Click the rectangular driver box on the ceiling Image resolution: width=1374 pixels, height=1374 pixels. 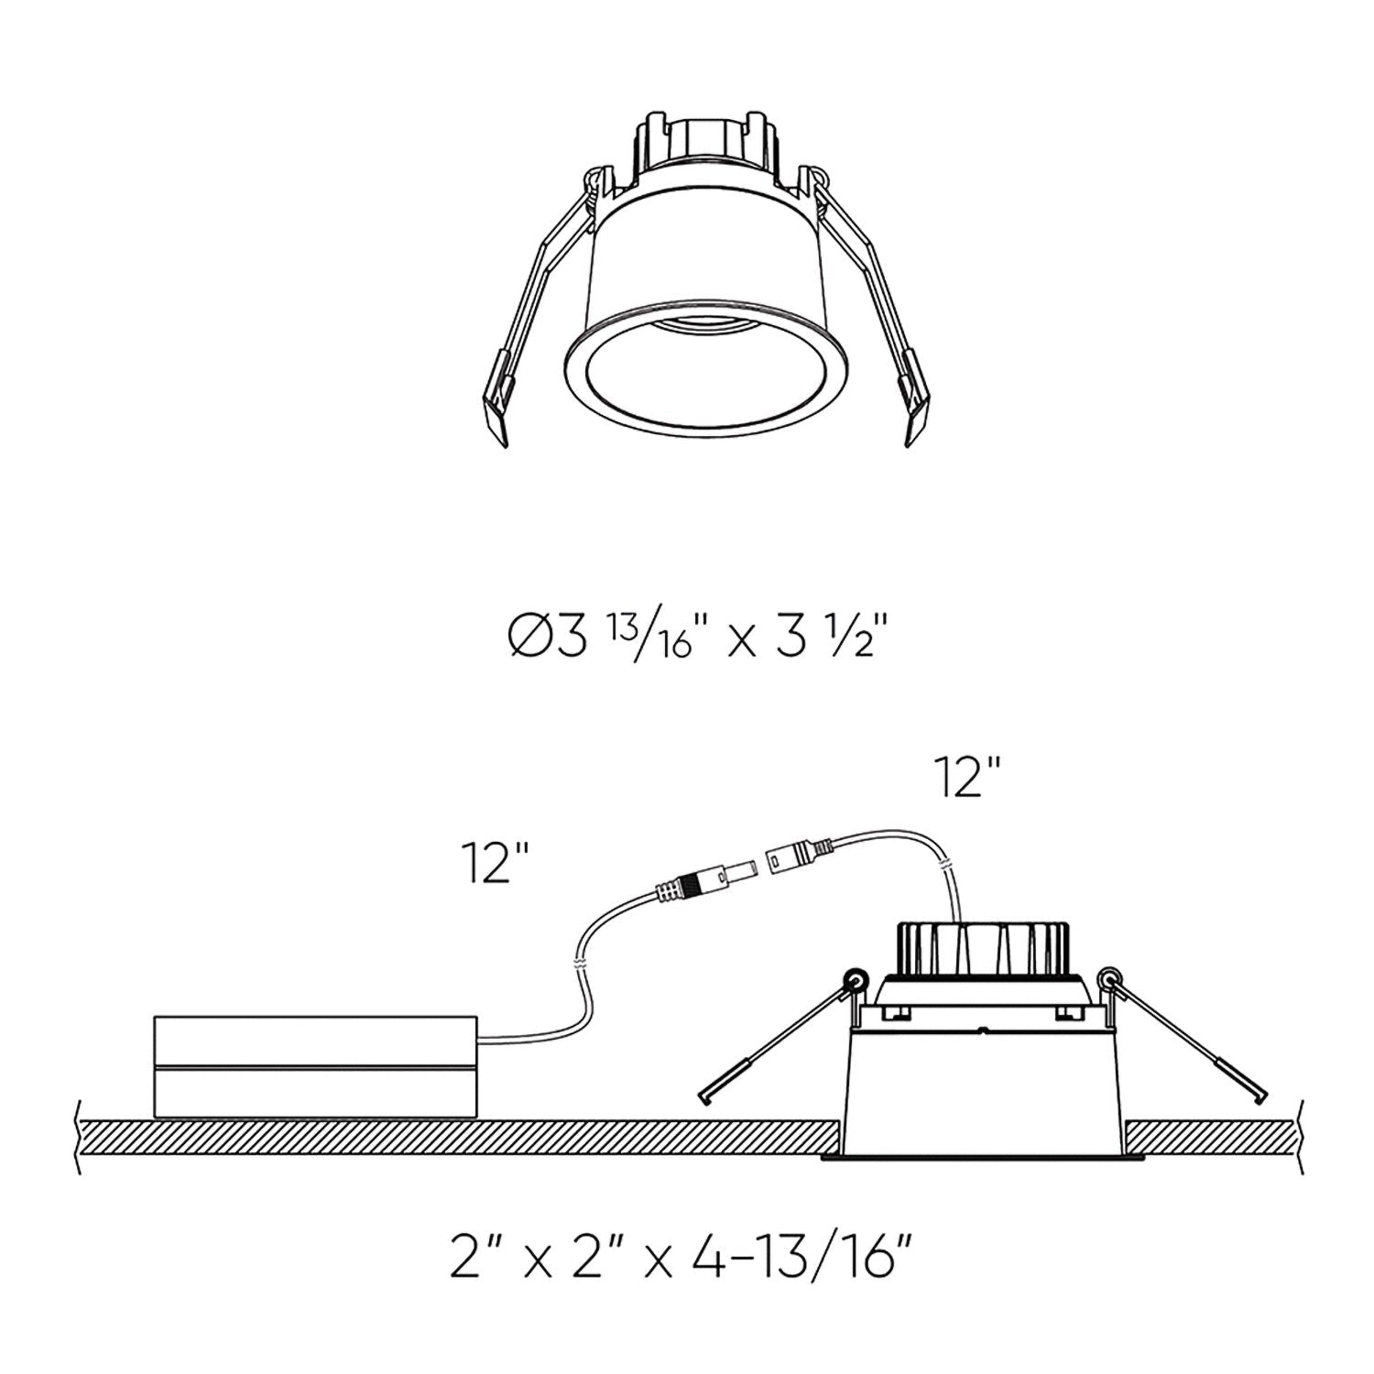(x=316, y=1066)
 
